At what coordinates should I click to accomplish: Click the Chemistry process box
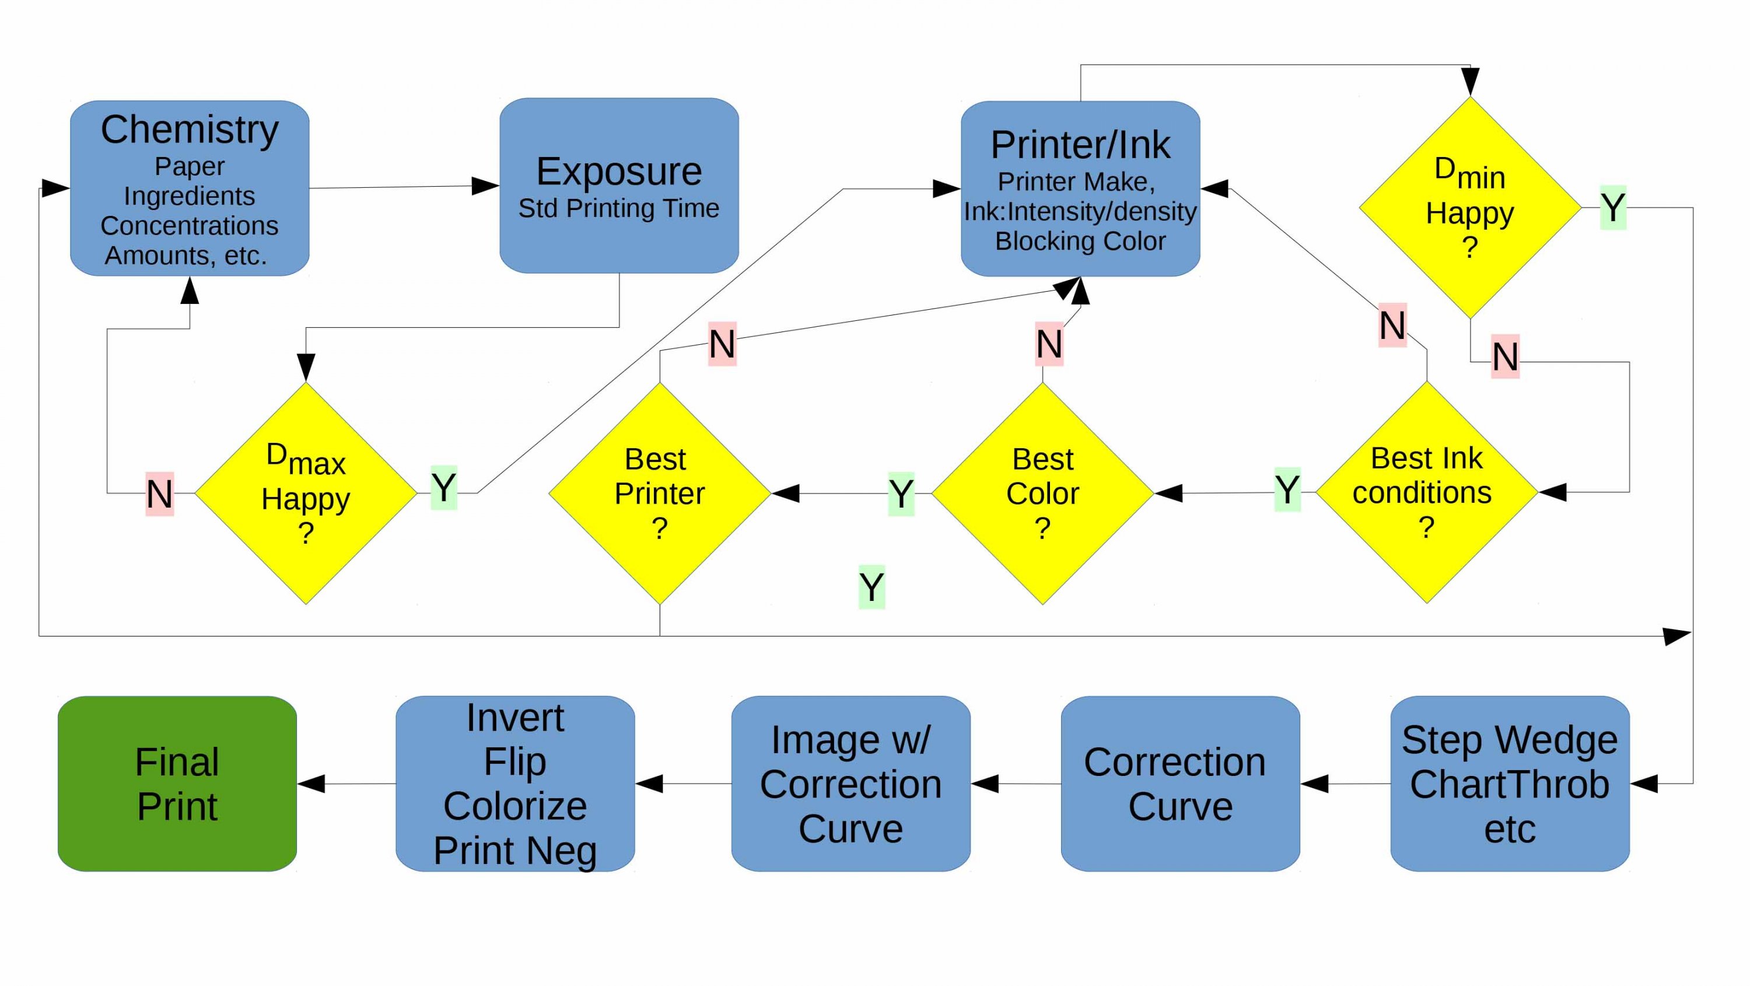pyautogui.click(x=190, y=188)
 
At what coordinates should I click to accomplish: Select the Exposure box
pyautogui.click(x=619, y=186)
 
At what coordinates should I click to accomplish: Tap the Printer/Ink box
pyautogui.click(x=1080, y=188)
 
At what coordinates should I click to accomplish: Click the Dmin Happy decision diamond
pyautogui.click(x=1469, y=207)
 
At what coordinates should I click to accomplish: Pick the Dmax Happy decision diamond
pyautogui.click(x=306, y=494)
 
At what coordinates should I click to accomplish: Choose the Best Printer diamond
pyautogui.click(x=660, y=494)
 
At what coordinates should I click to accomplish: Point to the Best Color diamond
pyautogui.click(x=1043, y=494)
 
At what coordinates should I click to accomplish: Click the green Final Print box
pyautogui.click(x=177, y=784)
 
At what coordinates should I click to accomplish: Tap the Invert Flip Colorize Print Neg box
pyautogui.click(x=515, y=784)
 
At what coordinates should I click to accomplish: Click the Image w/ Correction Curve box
pyautogui.click(x=850, y=784)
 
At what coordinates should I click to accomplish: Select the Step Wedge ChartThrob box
pyautogui.click(x=1510, y=784)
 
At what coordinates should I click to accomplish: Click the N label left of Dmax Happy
pyautogui.click(x=160, y=494)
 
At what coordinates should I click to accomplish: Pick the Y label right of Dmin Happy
pyautogui.click(x=1613, y=208)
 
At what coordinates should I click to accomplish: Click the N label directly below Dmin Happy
pyautogui.click(x=1505, y=356)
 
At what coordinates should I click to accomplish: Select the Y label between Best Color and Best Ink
pyautogui.click(x=1287, y=489)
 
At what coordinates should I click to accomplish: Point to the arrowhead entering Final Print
pyautogui.click(x=312, y=784)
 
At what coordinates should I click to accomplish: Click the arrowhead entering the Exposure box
pyautogui.click(x=485, y=186)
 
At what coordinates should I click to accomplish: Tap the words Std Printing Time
pyautogui.click(x=618, y=208)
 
